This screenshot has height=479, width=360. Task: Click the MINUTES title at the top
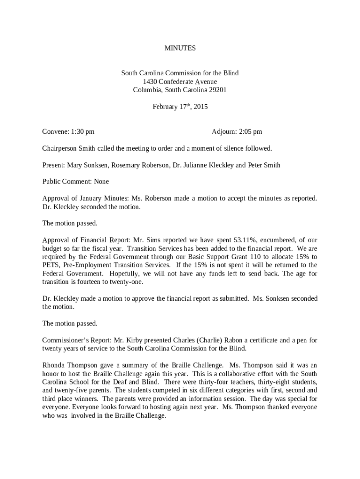(x=180, y=48)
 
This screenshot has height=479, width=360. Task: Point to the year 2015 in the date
(x=201, y=107)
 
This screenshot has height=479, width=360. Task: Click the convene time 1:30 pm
(x=83, y=132)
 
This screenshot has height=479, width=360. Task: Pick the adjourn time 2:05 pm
(x=250, y=132)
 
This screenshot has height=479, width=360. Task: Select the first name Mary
(x=75, y=165)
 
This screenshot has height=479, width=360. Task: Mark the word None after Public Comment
(x=101, y=181)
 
